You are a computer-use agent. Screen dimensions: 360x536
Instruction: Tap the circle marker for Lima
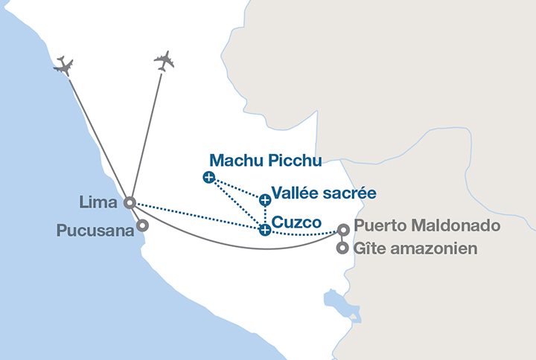pyautogui.click(x=130, y=202)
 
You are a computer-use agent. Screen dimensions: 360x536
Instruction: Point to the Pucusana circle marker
pyautogui.click(x=142, y=225)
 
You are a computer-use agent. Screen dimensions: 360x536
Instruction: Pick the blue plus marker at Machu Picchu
pyautogui.click(x=208, y=177)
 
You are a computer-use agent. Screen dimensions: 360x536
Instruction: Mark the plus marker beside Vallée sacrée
pyautogui.click(x=265, y=199)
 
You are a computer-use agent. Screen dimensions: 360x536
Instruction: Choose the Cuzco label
pyautogui.click(x=296, y=222)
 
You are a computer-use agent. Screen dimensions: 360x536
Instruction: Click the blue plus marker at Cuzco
pyautogui.click(x=265, y=230)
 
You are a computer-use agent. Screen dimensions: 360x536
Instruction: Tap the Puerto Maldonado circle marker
pyautogui.click(x=343, y=229)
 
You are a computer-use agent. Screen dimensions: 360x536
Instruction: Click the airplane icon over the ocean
pyautogui.click(x=64, y=65)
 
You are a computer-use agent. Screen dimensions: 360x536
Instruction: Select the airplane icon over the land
pyautogui.click(x=164, y=61)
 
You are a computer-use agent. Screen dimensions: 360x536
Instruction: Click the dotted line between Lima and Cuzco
pyautogui.click(x=197, y=216)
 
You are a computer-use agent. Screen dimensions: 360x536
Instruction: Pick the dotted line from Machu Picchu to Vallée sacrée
pyautogui.click(x=237, y=188)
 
